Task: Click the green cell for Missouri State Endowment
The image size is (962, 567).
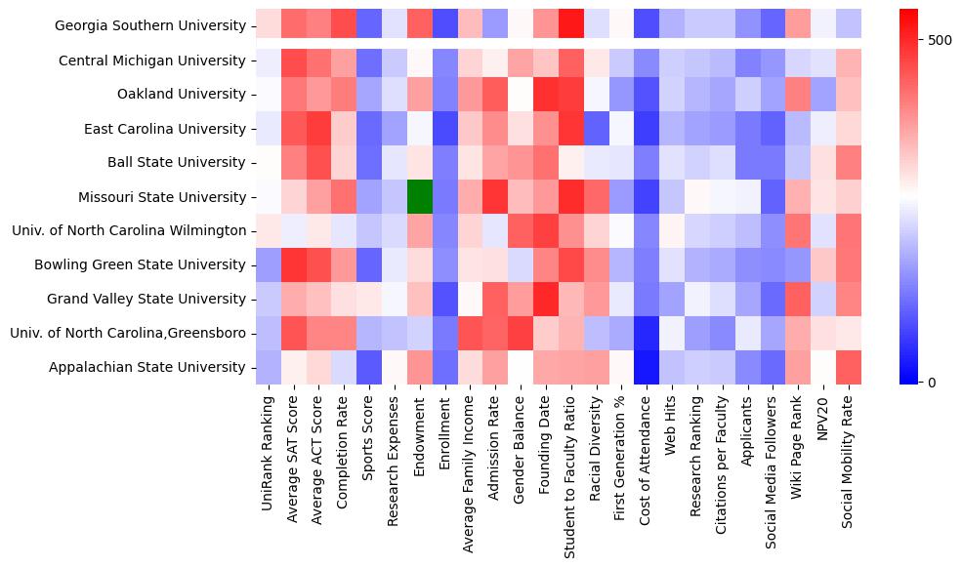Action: (x=419, y=196)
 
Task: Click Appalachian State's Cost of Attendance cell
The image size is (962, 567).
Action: (x=647, y=367)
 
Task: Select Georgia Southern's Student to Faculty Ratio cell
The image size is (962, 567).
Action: (x=571, y=25)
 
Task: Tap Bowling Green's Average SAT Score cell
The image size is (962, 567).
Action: (x=292, y=264)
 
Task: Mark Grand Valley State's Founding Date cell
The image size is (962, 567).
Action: (x=546, y=299)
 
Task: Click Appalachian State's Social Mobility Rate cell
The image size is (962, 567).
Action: (x=850, y=367)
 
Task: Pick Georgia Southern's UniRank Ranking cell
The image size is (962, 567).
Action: (x=267, y=25)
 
